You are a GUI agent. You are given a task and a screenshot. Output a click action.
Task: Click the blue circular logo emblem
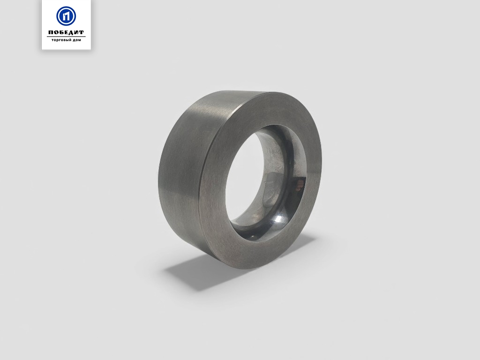(66, 16)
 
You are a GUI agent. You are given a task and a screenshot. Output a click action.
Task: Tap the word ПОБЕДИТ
(66, 32)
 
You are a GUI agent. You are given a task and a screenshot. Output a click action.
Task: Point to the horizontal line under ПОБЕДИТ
(66, 37)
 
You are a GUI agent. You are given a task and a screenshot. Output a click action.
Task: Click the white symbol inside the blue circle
(66, 16)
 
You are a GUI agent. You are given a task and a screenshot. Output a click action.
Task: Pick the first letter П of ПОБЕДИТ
(51, 32)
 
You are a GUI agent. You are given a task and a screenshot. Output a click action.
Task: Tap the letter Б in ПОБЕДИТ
(61, 32)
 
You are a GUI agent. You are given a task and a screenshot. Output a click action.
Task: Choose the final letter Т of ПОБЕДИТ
(82, 32)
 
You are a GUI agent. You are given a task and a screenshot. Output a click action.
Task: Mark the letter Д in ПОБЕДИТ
(71, 33)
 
